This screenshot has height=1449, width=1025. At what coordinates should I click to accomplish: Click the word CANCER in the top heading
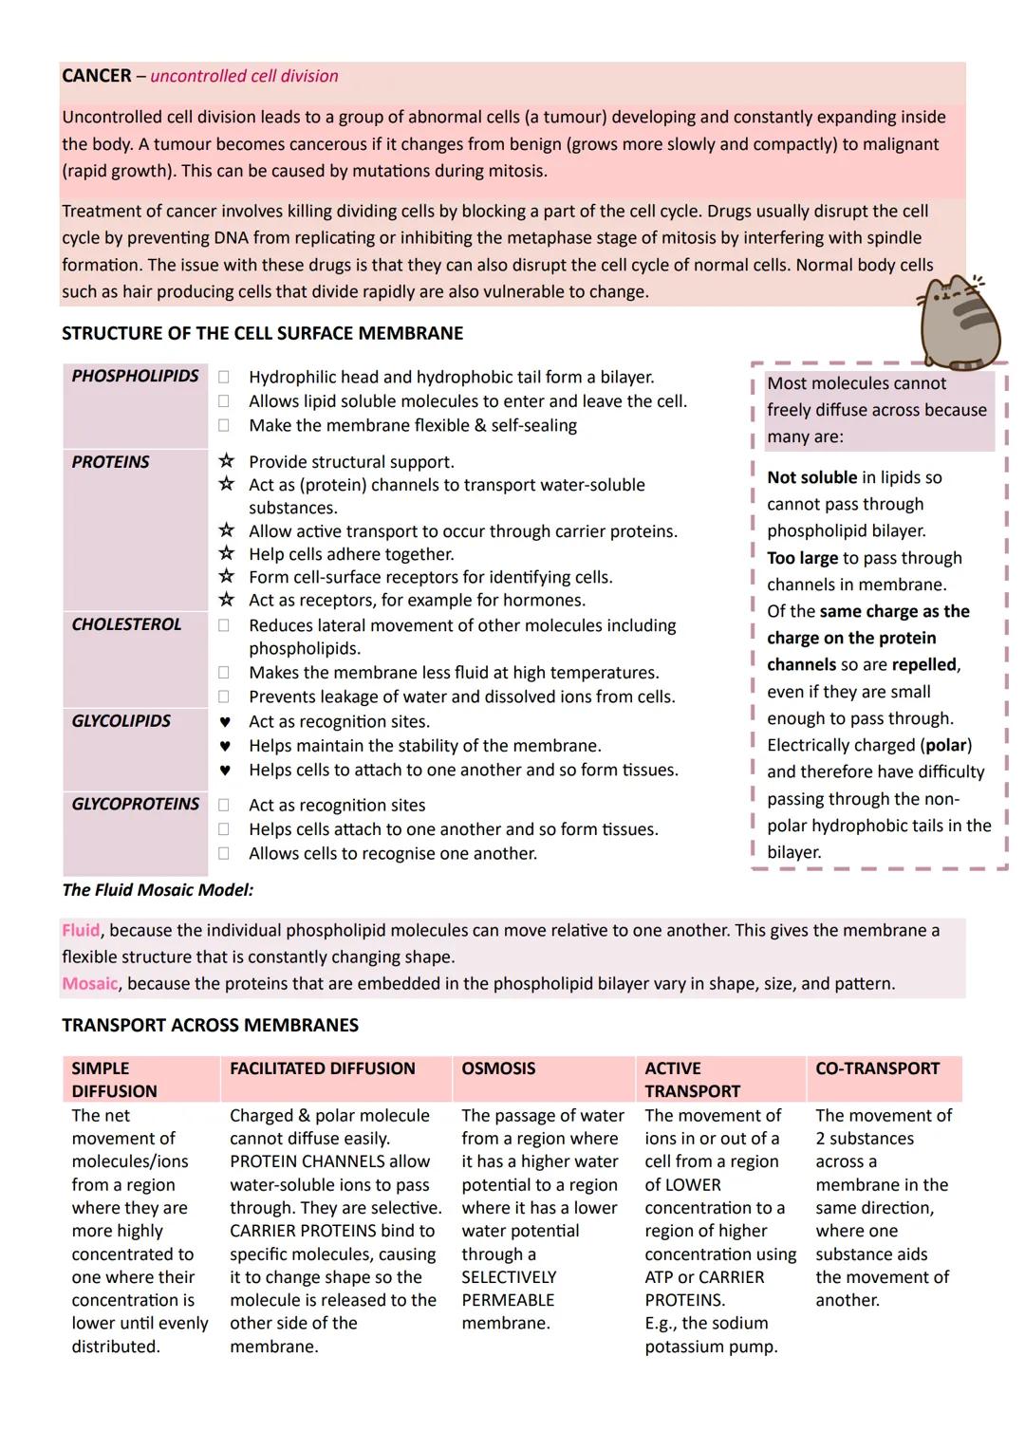coord(96,76)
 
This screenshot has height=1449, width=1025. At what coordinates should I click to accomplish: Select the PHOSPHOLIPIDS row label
coord(135,376)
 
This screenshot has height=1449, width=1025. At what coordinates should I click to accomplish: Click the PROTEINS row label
coord(110,462)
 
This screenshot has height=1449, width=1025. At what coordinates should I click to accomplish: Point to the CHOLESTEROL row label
coord(126,624)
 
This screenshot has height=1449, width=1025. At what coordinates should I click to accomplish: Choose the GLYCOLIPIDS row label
coord(121,721)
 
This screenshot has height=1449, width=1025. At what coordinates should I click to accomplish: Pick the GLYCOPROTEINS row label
coord(135,804)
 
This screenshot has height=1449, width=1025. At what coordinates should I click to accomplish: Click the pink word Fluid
coord(81,930)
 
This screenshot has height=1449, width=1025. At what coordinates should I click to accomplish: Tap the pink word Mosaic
coord(90,983)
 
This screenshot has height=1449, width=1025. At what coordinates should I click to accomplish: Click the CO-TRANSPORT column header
coord(877,1068)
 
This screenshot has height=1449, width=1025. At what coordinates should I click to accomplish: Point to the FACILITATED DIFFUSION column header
coord(322,1068)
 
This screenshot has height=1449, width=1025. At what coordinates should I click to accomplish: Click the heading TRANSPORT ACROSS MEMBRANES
coord(210,1025)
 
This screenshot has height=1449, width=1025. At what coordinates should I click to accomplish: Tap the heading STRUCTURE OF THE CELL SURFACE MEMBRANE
coord(262,333)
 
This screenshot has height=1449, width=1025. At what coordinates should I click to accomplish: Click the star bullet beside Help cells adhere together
coord(226,553)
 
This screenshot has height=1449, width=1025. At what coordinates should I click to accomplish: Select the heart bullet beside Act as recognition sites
coord(225,722)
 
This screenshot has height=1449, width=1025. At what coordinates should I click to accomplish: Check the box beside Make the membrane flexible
coord(224,426)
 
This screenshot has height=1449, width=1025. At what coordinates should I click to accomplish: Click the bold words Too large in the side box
coord(802,558)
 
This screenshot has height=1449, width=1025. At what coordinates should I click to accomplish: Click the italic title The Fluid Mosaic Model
coord(158,890)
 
